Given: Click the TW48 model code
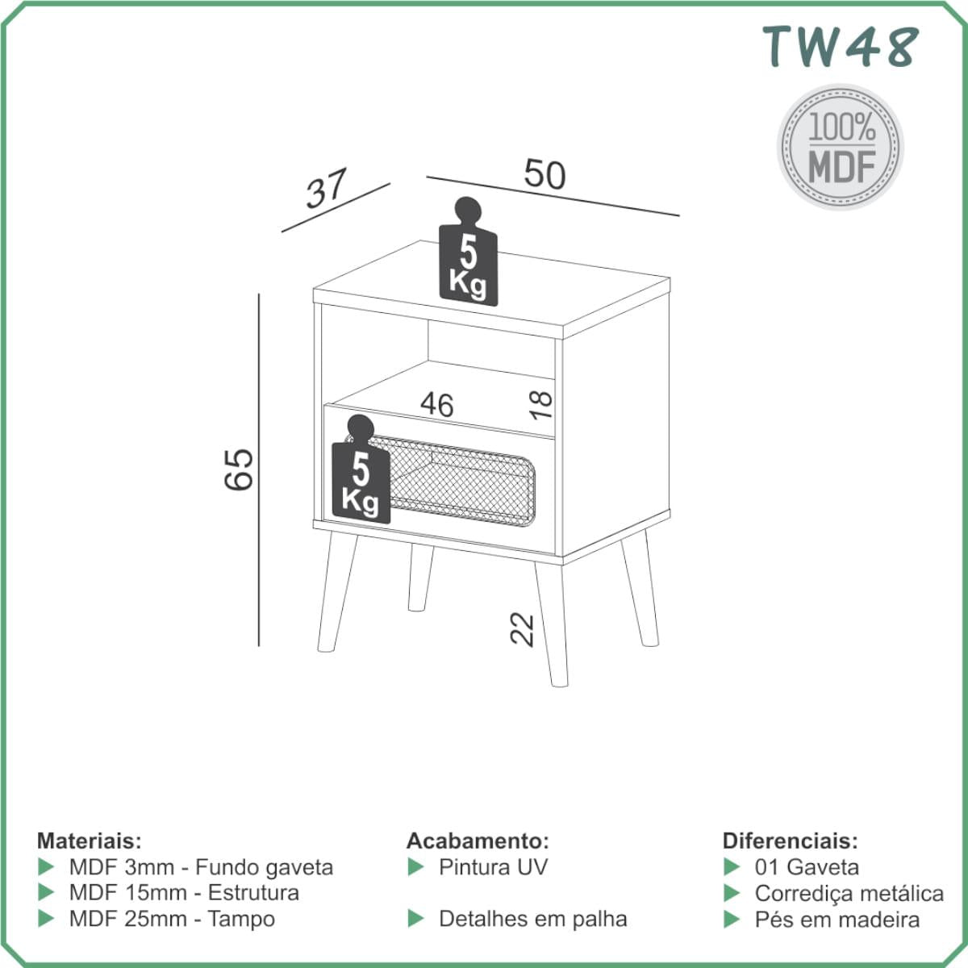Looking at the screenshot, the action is coord(841,47).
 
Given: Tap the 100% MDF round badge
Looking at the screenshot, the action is coord(841,147).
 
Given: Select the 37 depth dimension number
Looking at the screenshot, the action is coord(327,189).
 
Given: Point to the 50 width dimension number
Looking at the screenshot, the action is coord(545,174).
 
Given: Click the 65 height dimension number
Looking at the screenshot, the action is coord(239,469).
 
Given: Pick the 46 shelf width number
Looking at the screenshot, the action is coord(437,404).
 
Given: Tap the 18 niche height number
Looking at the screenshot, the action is coord(541,405).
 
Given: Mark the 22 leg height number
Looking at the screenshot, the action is coord(523,629).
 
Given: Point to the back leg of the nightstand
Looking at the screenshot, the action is coord(421,578).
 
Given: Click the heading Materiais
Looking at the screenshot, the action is coord(90,841).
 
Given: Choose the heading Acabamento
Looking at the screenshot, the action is coord(478,841).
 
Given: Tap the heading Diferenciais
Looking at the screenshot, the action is coord(791,841).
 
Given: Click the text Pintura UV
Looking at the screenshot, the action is coord(494,867).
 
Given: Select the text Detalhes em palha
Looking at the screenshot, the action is coord(533,919).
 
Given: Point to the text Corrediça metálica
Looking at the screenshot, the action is coord(849,894).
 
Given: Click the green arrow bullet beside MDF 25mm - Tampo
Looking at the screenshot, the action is coord(46,919).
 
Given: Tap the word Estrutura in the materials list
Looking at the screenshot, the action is coord(253,893).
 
